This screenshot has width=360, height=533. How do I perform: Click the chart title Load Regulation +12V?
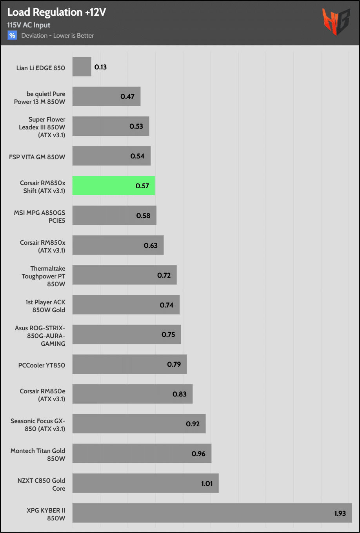[56, 13]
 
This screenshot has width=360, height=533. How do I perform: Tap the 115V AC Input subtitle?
[29, 25]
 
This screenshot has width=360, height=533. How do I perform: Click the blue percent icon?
[12, 35]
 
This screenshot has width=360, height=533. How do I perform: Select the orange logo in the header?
[336, 22]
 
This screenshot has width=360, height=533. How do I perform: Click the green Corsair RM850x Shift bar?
[113, 186]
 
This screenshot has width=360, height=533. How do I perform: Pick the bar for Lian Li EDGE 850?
[82, 67]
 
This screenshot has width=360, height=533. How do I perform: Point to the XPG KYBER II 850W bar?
[212, 513]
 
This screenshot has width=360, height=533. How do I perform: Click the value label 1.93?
[340, 513]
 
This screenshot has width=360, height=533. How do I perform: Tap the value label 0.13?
[101, 67]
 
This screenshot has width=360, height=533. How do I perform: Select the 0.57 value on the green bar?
[142, 186]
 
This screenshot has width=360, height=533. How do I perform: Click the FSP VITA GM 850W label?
[37, 157]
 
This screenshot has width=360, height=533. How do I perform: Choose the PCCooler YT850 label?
[42, 365]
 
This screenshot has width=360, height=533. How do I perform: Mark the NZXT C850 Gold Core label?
[41, 484]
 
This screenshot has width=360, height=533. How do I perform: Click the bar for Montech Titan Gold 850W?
[142, 453]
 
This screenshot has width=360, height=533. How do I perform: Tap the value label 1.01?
[207, 484]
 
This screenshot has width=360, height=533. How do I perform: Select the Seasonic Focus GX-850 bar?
[139, 424]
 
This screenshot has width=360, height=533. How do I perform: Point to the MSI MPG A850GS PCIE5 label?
[40, 216]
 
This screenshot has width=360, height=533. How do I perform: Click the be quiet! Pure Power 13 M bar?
[106, 96]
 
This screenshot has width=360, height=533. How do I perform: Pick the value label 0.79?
[174, 364]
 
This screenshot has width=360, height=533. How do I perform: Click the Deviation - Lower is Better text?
[58, 35]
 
